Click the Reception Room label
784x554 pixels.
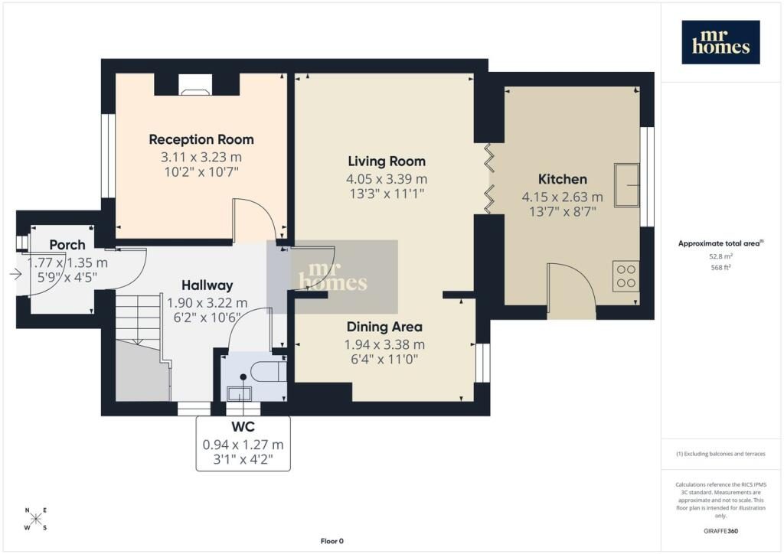click(x=201, y=139)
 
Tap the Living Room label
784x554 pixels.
click(x=387, y=161)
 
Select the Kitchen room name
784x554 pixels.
click(x=563, y=179)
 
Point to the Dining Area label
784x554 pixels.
click(x=384, y=327)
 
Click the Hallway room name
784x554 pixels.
click(x=207, y=285)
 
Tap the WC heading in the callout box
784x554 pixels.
click(x=243, y=427)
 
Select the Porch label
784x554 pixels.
click(x=67, y=245)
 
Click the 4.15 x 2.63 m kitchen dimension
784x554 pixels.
click(x=563, y=197)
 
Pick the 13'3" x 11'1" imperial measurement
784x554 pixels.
click(x=387, y=194)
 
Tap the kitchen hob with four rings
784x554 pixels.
click(x=626, y=275)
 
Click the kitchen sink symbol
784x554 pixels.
click(x=627, y=185)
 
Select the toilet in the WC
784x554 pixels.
click(x=268, y=372)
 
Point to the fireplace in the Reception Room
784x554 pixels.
click(x=195, y=85)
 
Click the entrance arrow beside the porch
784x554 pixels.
click(x=15, y=274)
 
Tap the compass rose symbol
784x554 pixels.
click(x=36, y=519)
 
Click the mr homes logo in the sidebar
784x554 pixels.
click(x=720, y=42)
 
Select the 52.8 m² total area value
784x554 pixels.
click(x=720, y=256)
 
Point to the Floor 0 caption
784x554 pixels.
click(x=332, y=541)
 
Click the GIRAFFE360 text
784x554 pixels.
click(x=720, y=531)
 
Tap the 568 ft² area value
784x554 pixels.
click(x=720, y=267)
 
